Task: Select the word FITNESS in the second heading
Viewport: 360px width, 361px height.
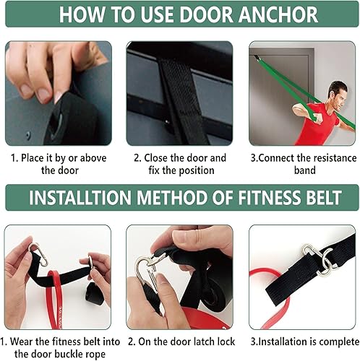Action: pos(256,197)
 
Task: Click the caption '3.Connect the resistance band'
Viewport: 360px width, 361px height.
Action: pos(304,164)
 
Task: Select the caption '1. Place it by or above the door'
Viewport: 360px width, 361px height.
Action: pos(59,164)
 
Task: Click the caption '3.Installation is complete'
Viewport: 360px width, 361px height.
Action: pos(304,341)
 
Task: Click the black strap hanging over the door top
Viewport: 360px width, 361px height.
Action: pos(171,87)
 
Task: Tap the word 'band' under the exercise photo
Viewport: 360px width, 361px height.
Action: pos(304,170)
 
